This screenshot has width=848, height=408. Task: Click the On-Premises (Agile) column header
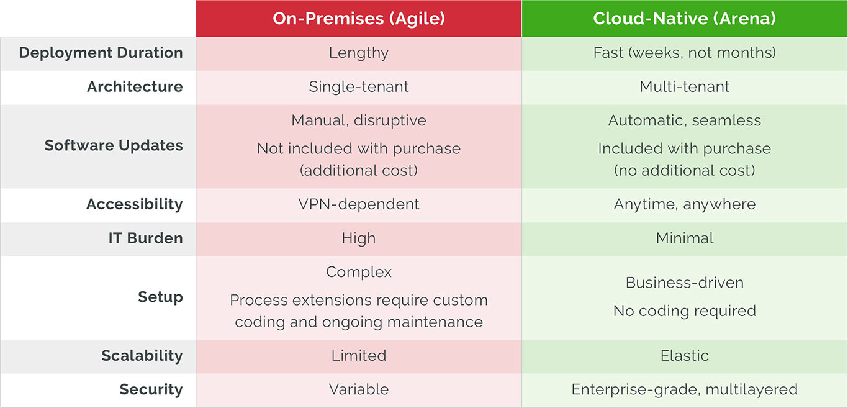click(x=359, y=19)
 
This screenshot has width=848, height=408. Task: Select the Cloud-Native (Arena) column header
click(x=684, y=19)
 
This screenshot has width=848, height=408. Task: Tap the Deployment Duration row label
click(x=101, y=53)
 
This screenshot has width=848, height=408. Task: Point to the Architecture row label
click(x=135, y=87)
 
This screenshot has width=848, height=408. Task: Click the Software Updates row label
click(x=114, y=146)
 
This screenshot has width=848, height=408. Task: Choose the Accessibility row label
click(x=134, y=204)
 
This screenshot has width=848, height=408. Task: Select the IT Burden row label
click(x=145, y=238)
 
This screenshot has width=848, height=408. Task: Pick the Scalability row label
click(x=142, y=356)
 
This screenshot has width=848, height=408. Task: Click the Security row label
click(x=151, y=390)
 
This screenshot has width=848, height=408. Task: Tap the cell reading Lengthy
click(x=359, y=53)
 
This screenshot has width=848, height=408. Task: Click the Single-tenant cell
click(x=359, y=87)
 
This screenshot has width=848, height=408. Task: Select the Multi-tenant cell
click(x=684, y=87)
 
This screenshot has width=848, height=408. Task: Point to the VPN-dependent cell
click(x=359, y=204)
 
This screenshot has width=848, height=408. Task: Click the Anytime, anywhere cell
click(x=684, y=204)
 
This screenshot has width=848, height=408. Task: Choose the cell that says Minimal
click(x=684, y=238)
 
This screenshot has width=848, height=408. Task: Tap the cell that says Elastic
click(x=684, y=356)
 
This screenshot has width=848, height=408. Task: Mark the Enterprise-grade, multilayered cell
click(x=684, y=390)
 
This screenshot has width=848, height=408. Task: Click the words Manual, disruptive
click(x=359, y=120)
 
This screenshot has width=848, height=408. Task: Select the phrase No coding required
click(x=684, y=311)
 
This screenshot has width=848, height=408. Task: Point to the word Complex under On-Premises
click(x=359, y=272)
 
